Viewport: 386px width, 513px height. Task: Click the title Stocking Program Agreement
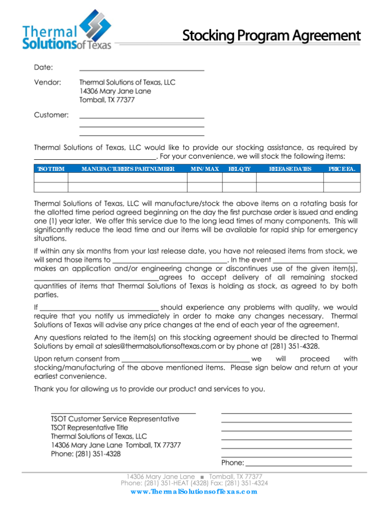(x=271, y=36)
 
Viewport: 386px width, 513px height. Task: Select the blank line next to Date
(x=142, y=68)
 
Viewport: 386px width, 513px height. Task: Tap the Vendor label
(x=47, y=82)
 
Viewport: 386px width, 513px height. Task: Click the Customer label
(x=51, y=115)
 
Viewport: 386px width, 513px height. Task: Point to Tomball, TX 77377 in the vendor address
(x=107, y=100)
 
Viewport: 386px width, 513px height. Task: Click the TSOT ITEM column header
(x=51, y=169)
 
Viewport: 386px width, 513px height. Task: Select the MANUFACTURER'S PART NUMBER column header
(x=128, y=169)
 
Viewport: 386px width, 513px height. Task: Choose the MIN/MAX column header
(x=205, y=169)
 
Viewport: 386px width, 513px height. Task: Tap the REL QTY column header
(x=239, y=169)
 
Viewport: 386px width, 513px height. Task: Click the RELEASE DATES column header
(x=290, y=169)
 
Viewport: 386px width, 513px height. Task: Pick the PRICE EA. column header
(x=342, y=169)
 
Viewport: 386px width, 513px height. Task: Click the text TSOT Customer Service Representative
(x=115, y=419)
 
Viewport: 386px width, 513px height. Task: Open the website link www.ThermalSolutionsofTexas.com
(x=194, y=491)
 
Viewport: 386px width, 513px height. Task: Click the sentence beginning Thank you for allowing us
(x=149, y=389)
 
